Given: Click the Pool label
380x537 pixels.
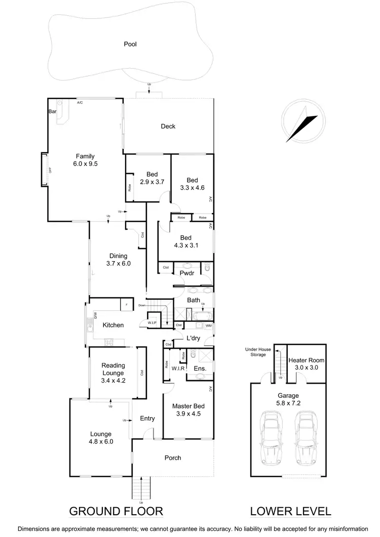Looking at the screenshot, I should [x=130, y=44].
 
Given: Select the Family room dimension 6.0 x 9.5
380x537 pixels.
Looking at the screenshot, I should [x=85, y=164].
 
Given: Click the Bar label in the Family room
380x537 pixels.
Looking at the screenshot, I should [x=52, y=111].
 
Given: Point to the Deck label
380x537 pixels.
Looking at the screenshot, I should [x=168, y=126].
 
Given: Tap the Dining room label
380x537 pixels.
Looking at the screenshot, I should [x=118, y=256].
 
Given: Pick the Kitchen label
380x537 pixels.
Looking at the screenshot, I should [x=113, y=325].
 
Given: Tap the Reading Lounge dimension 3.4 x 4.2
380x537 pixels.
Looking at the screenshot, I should [x=113, y=381].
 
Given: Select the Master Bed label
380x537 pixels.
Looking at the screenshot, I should [x=187, y=406].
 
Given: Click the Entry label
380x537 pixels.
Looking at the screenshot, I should [x=147, y=419].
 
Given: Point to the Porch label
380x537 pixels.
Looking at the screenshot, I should [x=172, y=458].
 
